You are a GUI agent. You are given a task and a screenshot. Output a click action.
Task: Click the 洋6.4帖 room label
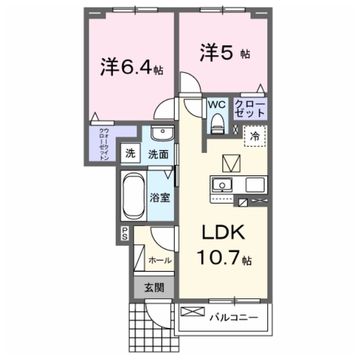click(132, 67)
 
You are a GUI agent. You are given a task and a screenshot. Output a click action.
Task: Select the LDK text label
click(223, 232)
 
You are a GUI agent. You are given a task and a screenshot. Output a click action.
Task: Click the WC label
click(217, 105)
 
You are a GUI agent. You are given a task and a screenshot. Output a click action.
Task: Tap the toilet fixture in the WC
click(217, 124)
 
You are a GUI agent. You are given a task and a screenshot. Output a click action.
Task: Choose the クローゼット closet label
click(250, 109)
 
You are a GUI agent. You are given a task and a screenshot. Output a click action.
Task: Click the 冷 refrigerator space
click(255, 136)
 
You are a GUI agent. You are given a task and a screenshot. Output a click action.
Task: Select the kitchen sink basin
click(222, 184)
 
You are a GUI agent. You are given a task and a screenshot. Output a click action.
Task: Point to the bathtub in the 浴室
click(134, 195)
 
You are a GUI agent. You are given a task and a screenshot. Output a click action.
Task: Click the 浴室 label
click(160, 197)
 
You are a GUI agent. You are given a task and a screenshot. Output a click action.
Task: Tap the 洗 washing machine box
click(130, 153)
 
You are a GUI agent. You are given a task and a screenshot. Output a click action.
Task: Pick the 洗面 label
click(158, 154)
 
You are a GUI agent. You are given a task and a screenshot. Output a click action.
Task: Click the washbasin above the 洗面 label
click(163, 133)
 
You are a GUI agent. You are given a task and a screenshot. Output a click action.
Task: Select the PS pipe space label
click(125, 233)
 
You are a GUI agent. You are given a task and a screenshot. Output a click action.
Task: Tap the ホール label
click(160, 260)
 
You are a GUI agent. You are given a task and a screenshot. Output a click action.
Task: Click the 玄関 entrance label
click(154, 287)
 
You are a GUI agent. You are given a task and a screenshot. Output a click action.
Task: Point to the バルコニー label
click(234, 317)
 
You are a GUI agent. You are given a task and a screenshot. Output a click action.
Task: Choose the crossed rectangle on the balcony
click(192, 312)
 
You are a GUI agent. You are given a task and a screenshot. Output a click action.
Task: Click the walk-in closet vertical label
click(103, 144)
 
